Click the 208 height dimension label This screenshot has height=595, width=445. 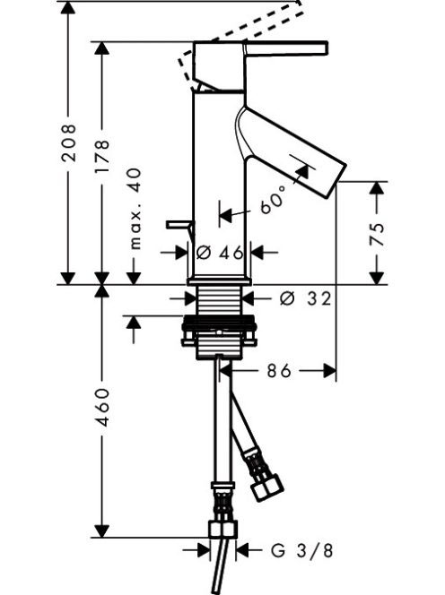69,142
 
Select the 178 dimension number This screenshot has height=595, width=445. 102,156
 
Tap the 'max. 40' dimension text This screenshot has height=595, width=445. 135,208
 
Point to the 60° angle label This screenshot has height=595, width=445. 273,200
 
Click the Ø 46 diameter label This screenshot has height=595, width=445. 220,252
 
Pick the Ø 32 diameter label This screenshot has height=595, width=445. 306,298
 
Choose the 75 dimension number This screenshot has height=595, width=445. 377,234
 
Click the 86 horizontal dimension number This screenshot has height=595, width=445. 279,370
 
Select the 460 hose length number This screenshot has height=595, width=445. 102,407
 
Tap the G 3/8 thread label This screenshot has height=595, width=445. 302,550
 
